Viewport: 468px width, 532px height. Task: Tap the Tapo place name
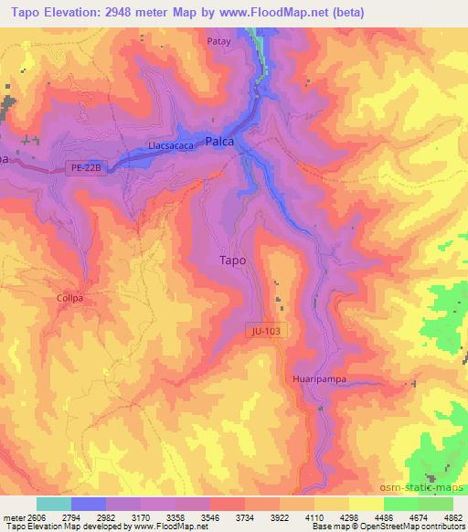[233, 260]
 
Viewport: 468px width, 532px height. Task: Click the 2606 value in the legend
[36, 516]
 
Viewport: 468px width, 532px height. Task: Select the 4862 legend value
[453, 516]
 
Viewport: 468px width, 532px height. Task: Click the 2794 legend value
[71, 516]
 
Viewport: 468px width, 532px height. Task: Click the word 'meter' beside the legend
[12, 516]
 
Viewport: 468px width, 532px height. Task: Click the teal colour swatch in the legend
[53, 504]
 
